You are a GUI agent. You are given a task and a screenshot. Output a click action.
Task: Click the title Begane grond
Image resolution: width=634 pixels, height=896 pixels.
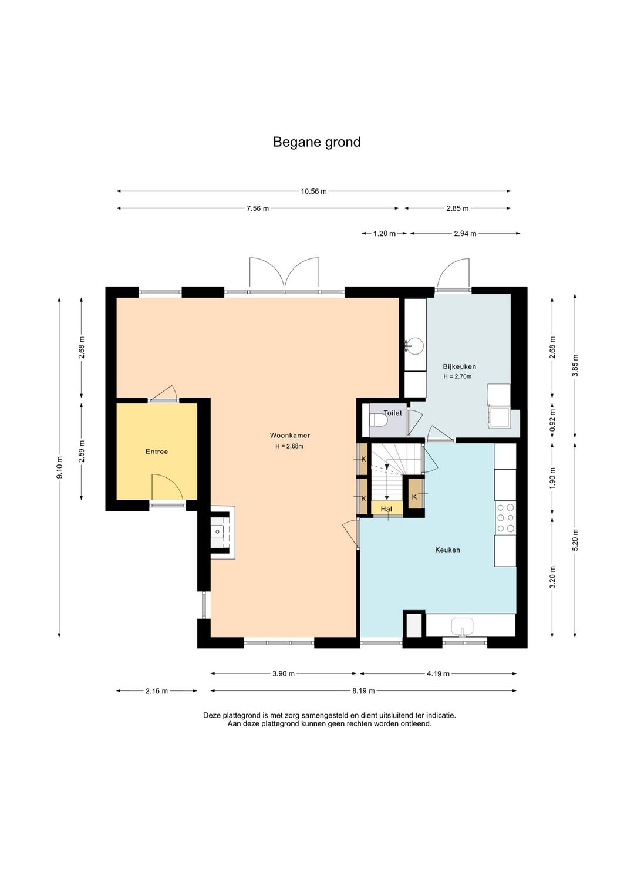[317, 143]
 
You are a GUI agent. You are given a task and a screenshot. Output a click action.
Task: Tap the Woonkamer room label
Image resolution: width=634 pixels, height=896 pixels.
[289, 436]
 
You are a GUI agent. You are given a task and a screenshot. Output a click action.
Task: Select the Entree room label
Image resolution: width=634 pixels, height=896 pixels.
[157, 452]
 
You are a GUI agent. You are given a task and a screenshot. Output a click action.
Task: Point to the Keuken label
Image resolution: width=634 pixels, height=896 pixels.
[447, 550]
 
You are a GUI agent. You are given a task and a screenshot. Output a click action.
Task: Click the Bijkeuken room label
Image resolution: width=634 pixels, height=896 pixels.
[459, 366]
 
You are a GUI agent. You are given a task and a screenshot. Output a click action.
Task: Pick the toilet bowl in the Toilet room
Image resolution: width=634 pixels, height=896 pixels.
[377, 420]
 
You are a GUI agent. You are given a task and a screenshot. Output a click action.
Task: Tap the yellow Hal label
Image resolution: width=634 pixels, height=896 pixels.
[386, 509]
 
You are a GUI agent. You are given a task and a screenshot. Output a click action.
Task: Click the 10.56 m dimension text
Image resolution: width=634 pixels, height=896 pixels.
[313, 191]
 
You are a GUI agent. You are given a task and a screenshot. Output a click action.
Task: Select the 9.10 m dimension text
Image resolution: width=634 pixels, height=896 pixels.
[59, 467]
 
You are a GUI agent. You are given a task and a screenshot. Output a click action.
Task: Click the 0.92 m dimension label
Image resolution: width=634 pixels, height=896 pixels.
[552, 419]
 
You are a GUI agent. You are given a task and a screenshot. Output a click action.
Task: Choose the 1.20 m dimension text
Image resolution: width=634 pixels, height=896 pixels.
[385, 234]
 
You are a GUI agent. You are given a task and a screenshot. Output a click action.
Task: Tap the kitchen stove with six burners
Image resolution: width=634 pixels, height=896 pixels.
[505, 518]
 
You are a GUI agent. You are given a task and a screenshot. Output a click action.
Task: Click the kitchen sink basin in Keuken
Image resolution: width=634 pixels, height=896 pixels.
[462, 625]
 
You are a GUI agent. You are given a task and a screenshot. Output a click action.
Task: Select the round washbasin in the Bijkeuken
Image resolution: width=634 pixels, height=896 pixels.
[414, 345]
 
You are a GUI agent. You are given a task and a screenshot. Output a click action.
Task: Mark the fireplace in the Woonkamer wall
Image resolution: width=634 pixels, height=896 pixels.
[222, 533]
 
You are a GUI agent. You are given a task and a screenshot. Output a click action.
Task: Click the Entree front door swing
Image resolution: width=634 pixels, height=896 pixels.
[168, 487]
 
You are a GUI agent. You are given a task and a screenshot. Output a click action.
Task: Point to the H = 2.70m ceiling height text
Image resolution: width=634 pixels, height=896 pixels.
[457, 376]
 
